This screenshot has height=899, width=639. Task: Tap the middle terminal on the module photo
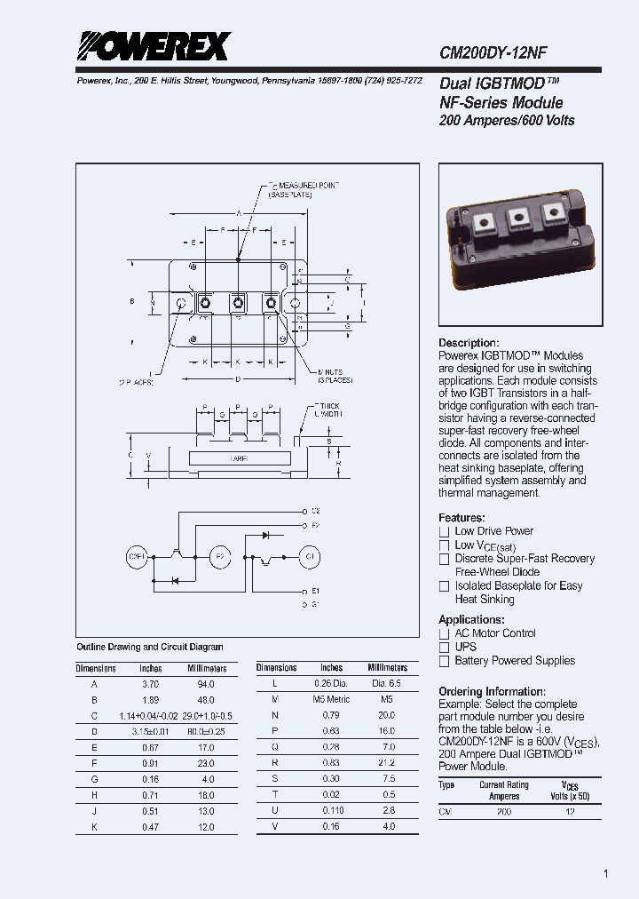519,218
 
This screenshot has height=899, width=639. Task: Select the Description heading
469,343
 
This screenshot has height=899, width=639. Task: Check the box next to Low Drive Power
445,531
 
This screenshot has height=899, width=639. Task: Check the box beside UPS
445,648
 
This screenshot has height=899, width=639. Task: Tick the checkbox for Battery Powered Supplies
445,661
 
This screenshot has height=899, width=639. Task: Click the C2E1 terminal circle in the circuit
138,557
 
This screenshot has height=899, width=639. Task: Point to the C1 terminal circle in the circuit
310,557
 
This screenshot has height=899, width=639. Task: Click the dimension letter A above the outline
239,213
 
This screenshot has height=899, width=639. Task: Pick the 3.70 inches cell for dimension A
150,684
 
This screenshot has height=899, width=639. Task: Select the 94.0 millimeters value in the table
206,684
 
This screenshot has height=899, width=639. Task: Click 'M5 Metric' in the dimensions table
332,699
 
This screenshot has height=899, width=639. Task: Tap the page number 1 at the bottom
606,874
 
